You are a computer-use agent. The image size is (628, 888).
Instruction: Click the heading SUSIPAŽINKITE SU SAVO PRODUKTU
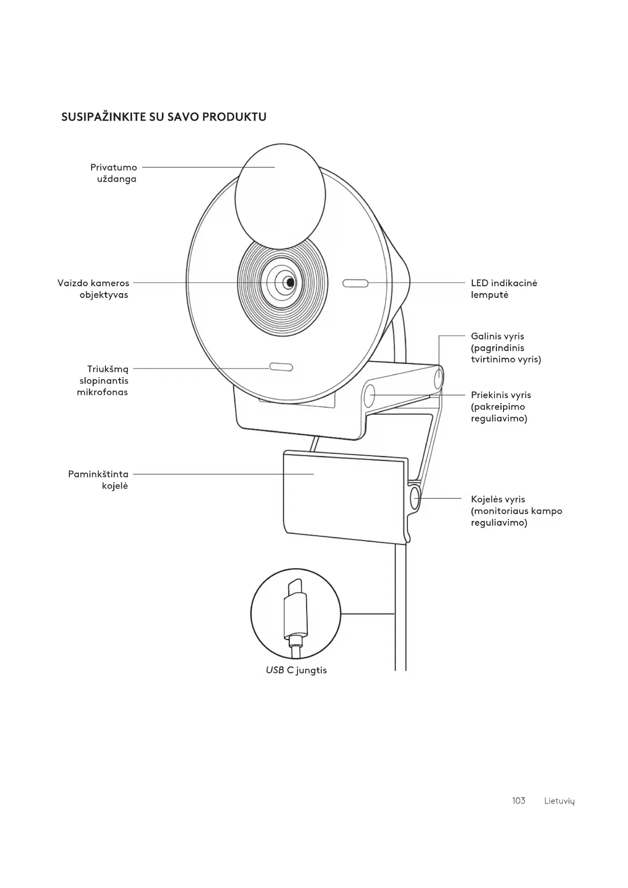coord(163,117)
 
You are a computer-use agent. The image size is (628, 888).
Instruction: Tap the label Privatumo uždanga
coord(114,173)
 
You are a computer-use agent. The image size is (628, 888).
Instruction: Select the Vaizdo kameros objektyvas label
coord(94,289)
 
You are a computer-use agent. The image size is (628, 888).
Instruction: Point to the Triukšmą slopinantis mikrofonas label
coord(103,380)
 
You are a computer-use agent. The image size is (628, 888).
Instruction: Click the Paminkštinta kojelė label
coord(99,480)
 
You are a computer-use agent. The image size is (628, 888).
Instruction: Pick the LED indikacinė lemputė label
coord(504,289)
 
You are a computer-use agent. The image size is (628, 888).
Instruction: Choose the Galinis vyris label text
coord(506,348)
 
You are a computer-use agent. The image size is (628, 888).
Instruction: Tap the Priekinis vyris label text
coord(500,407)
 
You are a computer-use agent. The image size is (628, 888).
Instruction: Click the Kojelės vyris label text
coord(516,511)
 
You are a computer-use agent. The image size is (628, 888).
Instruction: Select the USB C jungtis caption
coord(297,670)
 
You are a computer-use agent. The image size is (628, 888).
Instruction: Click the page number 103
coord(519,800)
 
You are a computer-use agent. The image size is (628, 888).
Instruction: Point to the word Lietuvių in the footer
coord(560,801)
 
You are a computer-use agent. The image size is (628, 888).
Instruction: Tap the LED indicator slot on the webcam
coord(355,283)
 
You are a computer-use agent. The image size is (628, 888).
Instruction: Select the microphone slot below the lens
coord(281,367)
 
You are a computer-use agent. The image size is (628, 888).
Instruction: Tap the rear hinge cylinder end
coord(439,378)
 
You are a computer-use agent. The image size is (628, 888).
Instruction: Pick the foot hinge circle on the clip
coord(415,498)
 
